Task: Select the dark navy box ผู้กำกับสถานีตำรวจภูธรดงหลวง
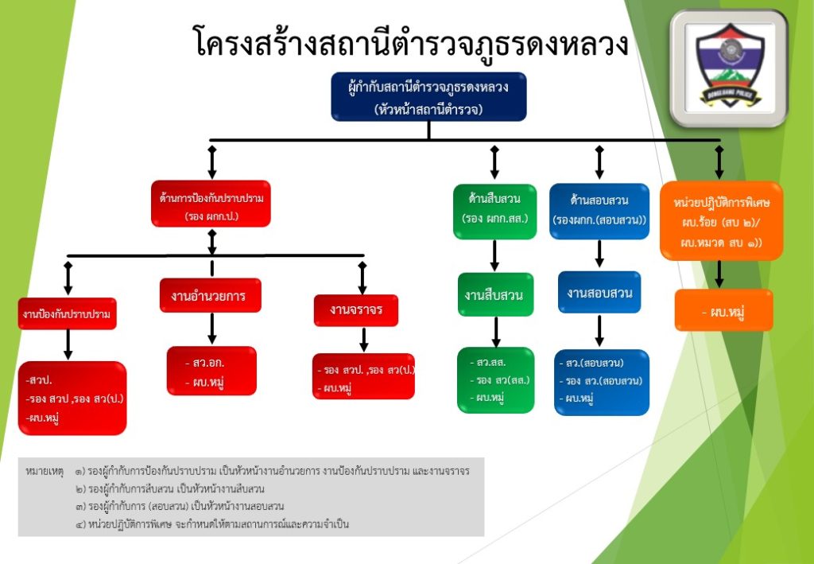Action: (428, 96)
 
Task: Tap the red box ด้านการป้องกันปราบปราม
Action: (211, 204)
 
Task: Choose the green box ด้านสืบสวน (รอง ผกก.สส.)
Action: (494, 212)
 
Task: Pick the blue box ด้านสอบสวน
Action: (599, 212)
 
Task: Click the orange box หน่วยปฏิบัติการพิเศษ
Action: (721, 221)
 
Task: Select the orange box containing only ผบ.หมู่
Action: (723, 310)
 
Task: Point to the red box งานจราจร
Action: (355, 309)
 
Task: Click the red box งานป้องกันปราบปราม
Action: (68, 314)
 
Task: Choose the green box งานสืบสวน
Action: (494, 295)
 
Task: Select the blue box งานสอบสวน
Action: (599, 293)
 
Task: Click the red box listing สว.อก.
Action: (211, 371)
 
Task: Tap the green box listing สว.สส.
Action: (496, 379)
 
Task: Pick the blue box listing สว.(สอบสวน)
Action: (601, 382)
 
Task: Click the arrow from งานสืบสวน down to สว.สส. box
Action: (495, 332)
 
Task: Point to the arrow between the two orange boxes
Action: (719, 274)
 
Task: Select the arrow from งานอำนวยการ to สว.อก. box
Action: (212, 329)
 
